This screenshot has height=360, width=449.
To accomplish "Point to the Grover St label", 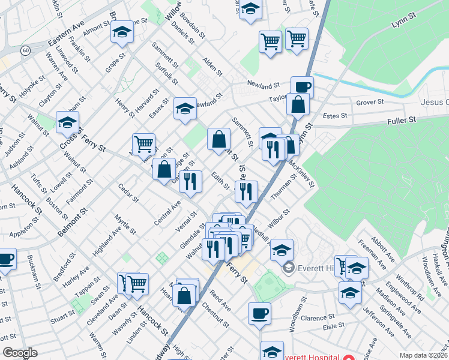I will point(370,103).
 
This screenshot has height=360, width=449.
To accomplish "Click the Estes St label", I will point(335,115).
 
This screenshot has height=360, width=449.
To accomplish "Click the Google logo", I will point(20,353).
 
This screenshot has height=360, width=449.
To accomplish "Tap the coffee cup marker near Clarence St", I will point(259,313).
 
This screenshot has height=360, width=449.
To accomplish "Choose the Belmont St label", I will point(74,222).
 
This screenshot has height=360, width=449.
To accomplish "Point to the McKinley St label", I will point(301,173).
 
